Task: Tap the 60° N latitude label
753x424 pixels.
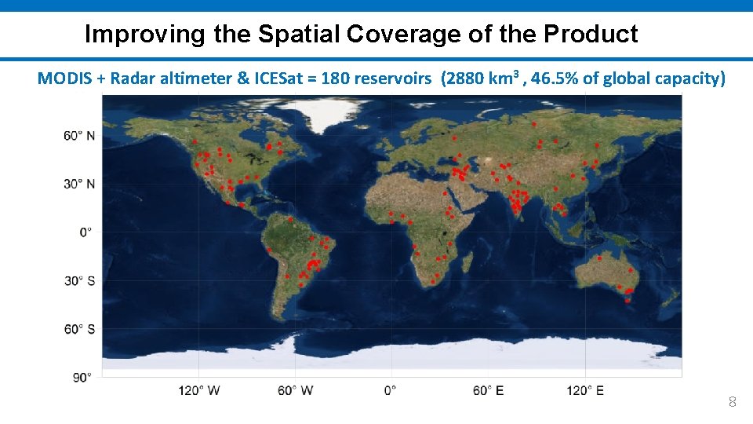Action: tap(79, 136)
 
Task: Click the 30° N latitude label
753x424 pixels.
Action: tap(79, 184)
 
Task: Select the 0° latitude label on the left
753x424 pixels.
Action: tap(85, 232)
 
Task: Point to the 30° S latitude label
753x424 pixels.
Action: tap(79, 280)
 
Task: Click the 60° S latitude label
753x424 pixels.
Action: tap(79, 329)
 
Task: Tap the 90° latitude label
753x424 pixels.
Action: tap(82, 377)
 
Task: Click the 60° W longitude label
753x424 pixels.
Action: tap(296, 390)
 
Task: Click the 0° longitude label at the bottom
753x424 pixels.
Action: tap(390, 390)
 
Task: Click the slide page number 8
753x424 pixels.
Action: tap(732, 403)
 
